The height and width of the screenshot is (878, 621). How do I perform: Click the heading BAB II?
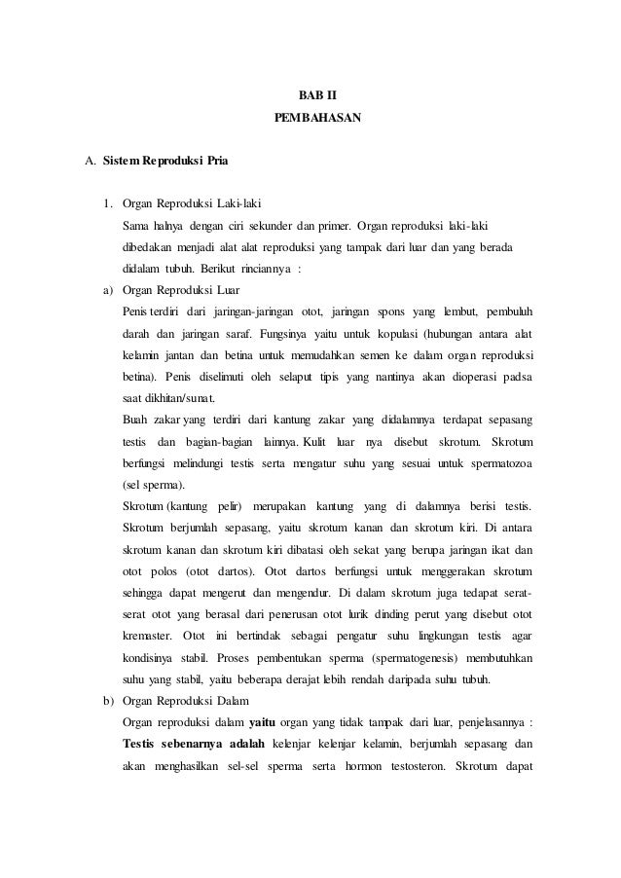click(x=310, y=96)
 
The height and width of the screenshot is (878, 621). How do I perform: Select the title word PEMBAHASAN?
click(x=310, y=119)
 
